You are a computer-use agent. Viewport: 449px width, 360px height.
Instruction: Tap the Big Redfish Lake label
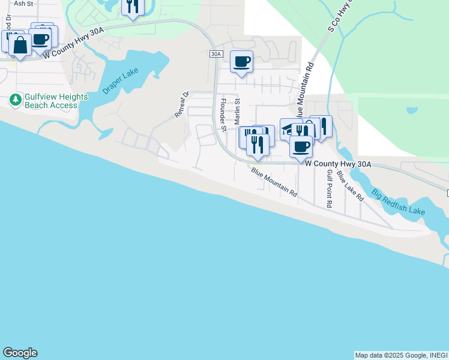pos(398,203)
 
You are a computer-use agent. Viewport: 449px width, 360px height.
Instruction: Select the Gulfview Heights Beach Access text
pos(56,101)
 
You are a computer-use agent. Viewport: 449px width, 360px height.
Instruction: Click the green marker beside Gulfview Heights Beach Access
pos(15,100)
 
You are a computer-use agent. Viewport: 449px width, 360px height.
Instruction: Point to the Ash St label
pos(22,4)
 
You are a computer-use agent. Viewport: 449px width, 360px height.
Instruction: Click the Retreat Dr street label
pos(182,104)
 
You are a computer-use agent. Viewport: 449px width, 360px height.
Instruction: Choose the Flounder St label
pos(223,115)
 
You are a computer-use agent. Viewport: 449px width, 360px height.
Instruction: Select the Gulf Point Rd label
pos(329,188)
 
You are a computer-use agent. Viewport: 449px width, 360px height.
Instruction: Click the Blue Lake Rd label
pos(350,185)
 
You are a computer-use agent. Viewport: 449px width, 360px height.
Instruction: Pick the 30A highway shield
pos(216,54)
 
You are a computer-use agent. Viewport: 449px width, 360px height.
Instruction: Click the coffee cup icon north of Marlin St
pos(241,62)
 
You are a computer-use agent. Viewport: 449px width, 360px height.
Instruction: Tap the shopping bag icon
pos(20,46)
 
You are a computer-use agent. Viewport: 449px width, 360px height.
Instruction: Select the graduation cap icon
pos(290,129)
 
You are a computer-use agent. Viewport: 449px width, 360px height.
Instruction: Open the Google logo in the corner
pos(20,353)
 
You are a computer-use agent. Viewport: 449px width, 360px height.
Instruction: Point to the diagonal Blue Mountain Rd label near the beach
pos(274,182)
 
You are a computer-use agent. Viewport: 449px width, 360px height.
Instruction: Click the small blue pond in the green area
pos(411,111)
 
